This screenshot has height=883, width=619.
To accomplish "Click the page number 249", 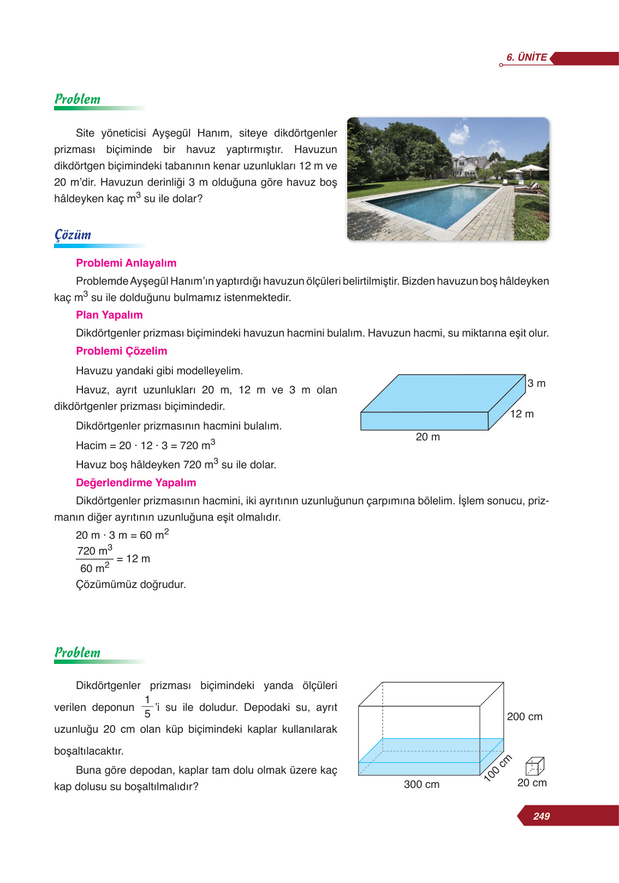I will (x=541, y=816).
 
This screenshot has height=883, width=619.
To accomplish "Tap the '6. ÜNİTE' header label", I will (x=526, y=57).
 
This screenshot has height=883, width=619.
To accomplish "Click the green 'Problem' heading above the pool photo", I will (x=78, y=99).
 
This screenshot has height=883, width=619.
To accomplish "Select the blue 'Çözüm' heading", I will (x=73, y=235).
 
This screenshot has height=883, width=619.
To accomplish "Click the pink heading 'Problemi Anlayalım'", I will (x=126, y=263).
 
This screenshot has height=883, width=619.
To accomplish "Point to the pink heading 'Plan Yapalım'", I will (x=109, y=315).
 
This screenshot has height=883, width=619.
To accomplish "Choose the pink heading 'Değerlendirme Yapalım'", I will (x=136, y=482).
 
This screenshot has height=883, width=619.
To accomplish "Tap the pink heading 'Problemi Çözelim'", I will (x=121, y=351).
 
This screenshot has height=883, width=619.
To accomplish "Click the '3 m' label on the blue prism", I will (x=536, y=384).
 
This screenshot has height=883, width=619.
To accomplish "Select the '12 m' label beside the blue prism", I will (x=522, y=414).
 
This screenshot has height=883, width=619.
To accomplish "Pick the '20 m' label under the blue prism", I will (x=427, y=437).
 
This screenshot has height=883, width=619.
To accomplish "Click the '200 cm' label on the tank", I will (x=524, y=716).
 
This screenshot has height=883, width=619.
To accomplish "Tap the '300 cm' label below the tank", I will (x=421, y=784).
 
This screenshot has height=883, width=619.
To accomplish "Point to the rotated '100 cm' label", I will (x=497, y=768).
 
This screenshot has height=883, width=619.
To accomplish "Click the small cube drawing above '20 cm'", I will (x=534, y=767).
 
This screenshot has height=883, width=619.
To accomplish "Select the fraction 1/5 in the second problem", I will (x=147, y=707).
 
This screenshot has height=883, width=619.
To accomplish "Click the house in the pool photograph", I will (x=470, y=164).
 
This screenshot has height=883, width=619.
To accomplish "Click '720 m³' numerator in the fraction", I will (x=94, y=550).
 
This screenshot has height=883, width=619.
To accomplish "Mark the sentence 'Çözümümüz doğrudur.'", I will (x=131, y=584).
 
